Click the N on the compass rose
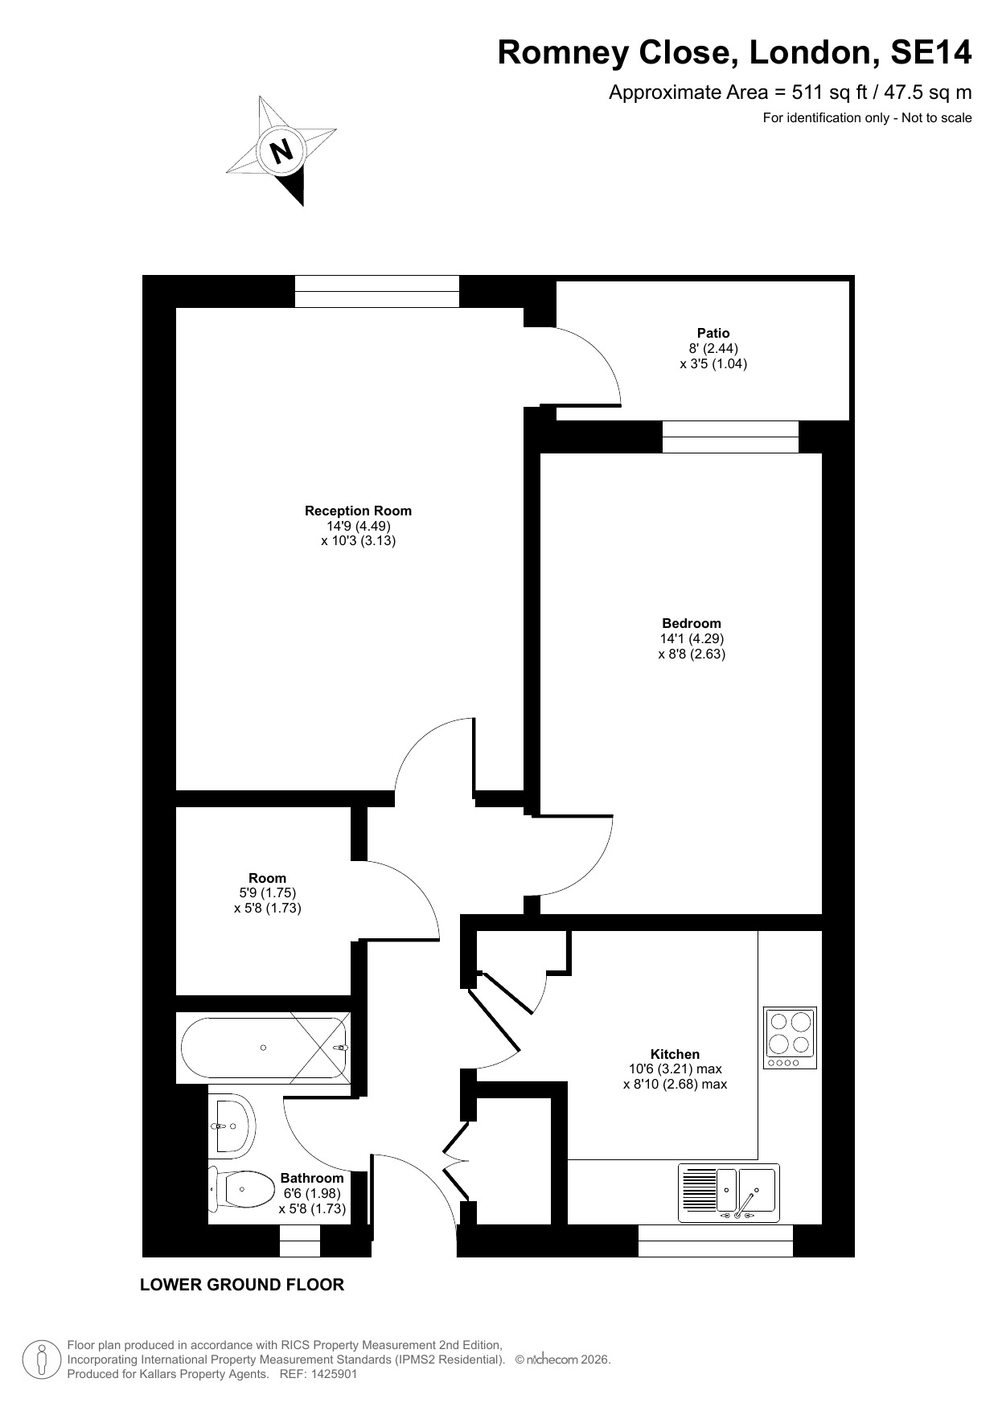click(281, 150)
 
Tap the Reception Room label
click(358, 511)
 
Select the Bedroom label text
click(692, 623)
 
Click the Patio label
click(713, 333)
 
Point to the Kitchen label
click(675, 1054)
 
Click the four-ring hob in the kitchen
click(790, 1038)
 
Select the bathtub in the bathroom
click(265, 1048)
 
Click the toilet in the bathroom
click(239, 1188)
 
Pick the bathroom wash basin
click(232, 1126)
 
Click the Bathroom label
click(312, 1179)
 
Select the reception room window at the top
click(377, 291)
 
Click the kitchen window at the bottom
click(716, 1241)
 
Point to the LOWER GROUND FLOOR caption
click(242, 1285)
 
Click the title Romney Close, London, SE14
click(735, 52)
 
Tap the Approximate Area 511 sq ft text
click(791, 92)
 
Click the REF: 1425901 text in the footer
click(318, 1374)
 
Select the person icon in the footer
click(43, 1359)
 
